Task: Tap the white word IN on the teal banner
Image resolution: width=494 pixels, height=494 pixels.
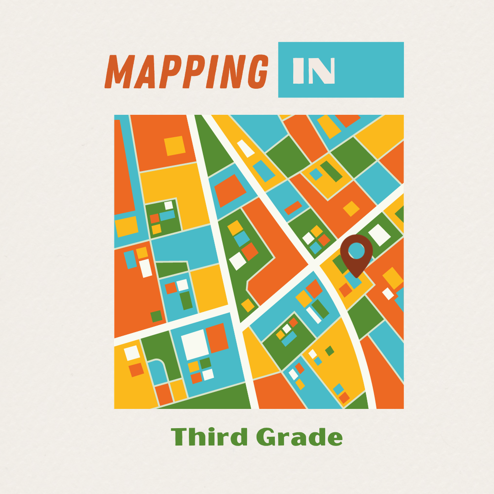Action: click(x=314, y=71)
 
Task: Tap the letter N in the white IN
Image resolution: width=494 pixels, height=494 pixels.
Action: click(x=323, y=71)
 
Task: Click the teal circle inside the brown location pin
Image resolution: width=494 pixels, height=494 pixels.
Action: click(x=356, y=250)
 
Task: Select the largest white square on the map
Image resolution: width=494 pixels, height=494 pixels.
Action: click(x=195, y=344)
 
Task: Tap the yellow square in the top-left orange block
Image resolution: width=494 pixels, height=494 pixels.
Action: click(x=174, y=145)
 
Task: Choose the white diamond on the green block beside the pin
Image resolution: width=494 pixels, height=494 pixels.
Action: click(x=379, y=235)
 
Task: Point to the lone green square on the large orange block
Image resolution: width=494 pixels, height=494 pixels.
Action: click(x=156, y=316)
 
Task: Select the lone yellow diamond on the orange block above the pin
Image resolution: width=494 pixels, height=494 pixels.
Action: click(x=351, y=209)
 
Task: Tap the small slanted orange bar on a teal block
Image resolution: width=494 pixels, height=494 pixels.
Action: click(x=293, y=208)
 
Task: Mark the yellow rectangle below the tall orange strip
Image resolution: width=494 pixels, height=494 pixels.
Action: click(x=126, y=226)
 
